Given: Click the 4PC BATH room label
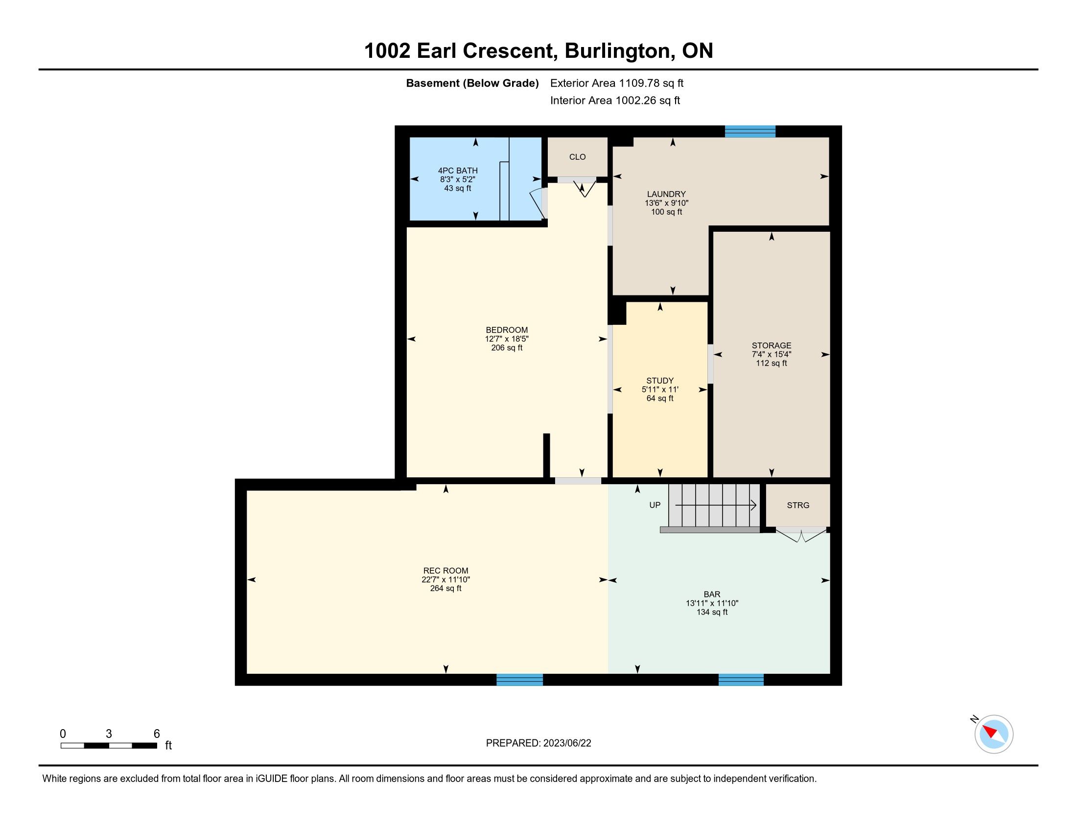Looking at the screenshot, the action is coord(458,171).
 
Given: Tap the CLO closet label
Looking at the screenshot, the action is coord(578,157).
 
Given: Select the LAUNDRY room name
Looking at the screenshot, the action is coord(666,195).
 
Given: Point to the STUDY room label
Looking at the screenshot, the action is coord(660,380).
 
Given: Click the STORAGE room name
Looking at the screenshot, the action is coord(771,345).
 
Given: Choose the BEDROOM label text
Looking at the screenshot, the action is coord(507,330).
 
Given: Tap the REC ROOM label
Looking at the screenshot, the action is coord(446,571).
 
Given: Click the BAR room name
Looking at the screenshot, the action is coord(712,595).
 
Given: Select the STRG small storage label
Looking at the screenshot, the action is coord(798,505).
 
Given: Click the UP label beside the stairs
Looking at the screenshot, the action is coord(655,505).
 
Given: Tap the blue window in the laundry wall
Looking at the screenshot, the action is coord(750,132).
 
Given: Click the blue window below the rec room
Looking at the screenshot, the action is coord(519,680).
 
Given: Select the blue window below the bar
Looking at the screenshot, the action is coord(741,680).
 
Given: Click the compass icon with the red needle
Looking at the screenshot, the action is coord(993,734).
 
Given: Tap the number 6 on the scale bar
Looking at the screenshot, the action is coord(157,734).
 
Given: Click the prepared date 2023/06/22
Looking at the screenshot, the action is coord(567,743).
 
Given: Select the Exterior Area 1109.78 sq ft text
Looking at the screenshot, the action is coord(617,83).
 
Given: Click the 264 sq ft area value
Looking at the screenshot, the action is coord(446,588).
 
